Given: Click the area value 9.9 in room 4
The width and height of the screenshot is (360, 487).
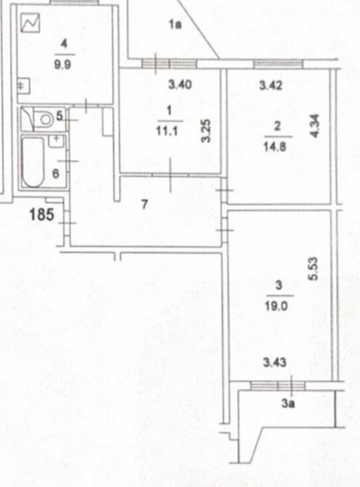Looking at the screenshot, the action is pyautogui.click(x=62, y=64).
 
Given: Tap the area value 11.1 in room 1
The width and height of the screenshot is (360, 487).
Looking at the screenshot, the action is pyautogui.click(x=167, y=132).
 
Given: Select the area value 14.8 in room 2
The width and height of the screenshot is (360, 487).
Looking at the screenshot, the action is pyautogui.click(x=274, y=147).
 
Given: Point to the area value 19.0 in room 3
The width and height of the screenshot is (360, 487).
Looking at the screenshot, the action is pyautogui.click(x=276, y=306).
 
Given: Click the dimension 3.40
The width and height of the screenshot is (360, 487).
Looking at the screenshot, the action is pyautogui.click(x=180, y=84).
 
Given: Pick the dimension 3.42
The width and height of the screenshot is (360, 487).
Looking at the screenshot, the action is pyautogui.click(x=271, y=85).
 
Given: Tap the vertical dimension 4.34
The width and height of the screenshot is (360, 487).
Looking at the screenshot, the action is pyautogui.click(x=315, y=126).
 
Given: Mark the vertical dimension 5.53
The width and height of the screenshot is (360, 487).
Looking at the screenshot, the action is pyautogui.click(x=314, y=268).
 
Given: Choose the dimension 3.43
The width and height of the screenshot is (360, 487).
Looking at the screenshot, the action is pyautogui.click(x=274, y=362).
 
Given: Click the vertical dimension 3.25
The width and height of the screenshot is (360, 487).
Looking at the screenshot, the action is pyautogui.click(x=207, y=131).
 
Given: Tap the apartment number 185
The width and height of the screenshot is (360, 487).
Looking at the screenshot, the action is pyautogui.click(x=42, y=215).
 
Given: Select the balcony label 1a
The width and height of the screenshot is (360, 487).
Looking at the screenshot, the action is pyautogui.click(x=175, y=25).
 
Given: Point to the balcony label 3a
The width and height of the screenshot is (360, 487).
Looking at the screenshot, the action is pyautogui.click(x=288, y=403).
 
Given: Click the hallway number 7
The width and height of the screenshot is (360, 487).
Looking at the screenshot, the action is pyautogui.click(x=144, y=205).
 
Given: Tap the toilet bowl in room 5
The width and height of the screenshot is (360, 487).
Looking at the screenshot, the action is pyautogui.click(x=43, y=120).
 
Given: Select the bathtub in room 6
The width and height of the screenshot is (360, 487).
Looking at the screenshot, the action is pyautogui.click(x=33, y=162).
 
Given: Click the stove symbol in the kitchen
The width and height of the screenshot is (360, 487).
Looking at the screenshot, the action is pyautogui.click(x=31, y=23).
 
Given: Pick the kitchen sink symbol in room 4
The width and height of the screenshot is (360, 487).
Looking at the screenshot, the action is pyautogui.click(x=23, y=86).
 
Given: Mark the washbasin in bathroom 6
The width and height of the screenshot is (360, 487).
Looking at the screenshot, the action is pyautogui.click(x=56, y=142).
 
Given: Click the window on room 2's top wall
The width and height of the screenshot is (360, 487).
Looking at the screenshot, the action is pyautogui.click(x=278, y=64).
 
